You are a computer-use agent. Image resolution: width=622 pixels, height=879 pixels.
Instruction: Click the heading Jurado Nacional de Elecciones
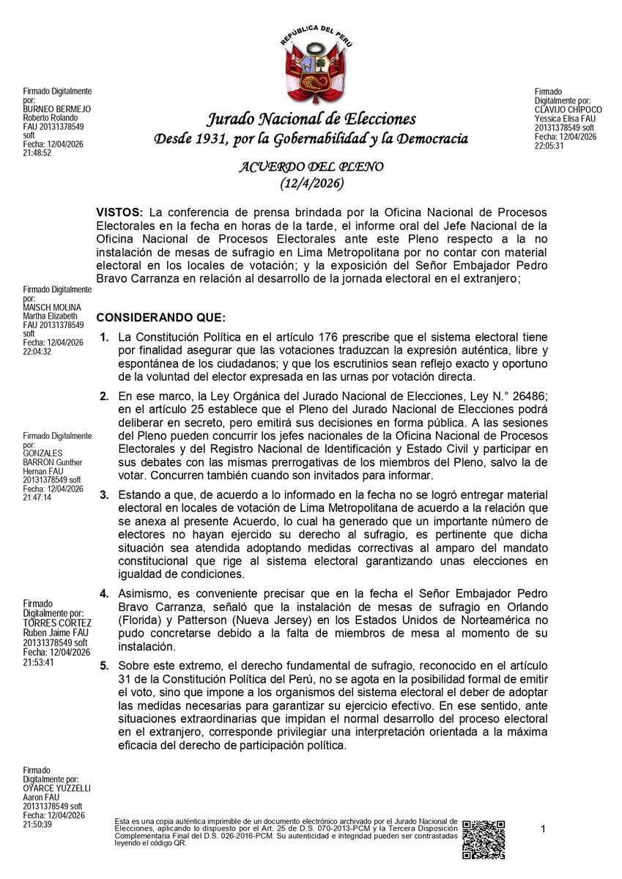point(311,119)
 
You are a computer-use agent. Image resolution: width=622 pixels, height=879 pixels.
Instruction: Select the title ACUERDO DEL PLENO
point(311,167)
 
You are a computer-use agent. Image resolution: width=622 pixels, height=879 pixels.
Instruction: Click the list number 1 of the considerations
point(104,337)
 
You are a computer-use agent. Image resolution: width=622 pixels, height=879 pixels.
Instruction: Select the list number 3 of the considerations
point(104,495)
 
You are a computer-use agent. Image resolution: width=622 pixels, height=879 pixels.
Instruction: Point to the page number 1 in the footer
point(543,828)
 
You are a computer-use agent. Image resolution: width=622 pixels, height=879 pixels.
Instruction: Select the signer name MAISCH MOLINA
point(52,308)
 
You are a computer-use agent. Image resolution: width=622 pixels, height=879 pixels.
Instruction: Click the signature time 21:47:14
point(37,497)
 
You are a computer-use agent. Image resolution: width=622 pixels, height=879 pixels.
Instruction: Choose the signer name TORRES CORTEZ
point(56,622)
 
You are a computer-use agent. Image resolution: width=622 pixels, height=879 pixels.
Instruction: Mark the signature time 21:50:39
point(37,825)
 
